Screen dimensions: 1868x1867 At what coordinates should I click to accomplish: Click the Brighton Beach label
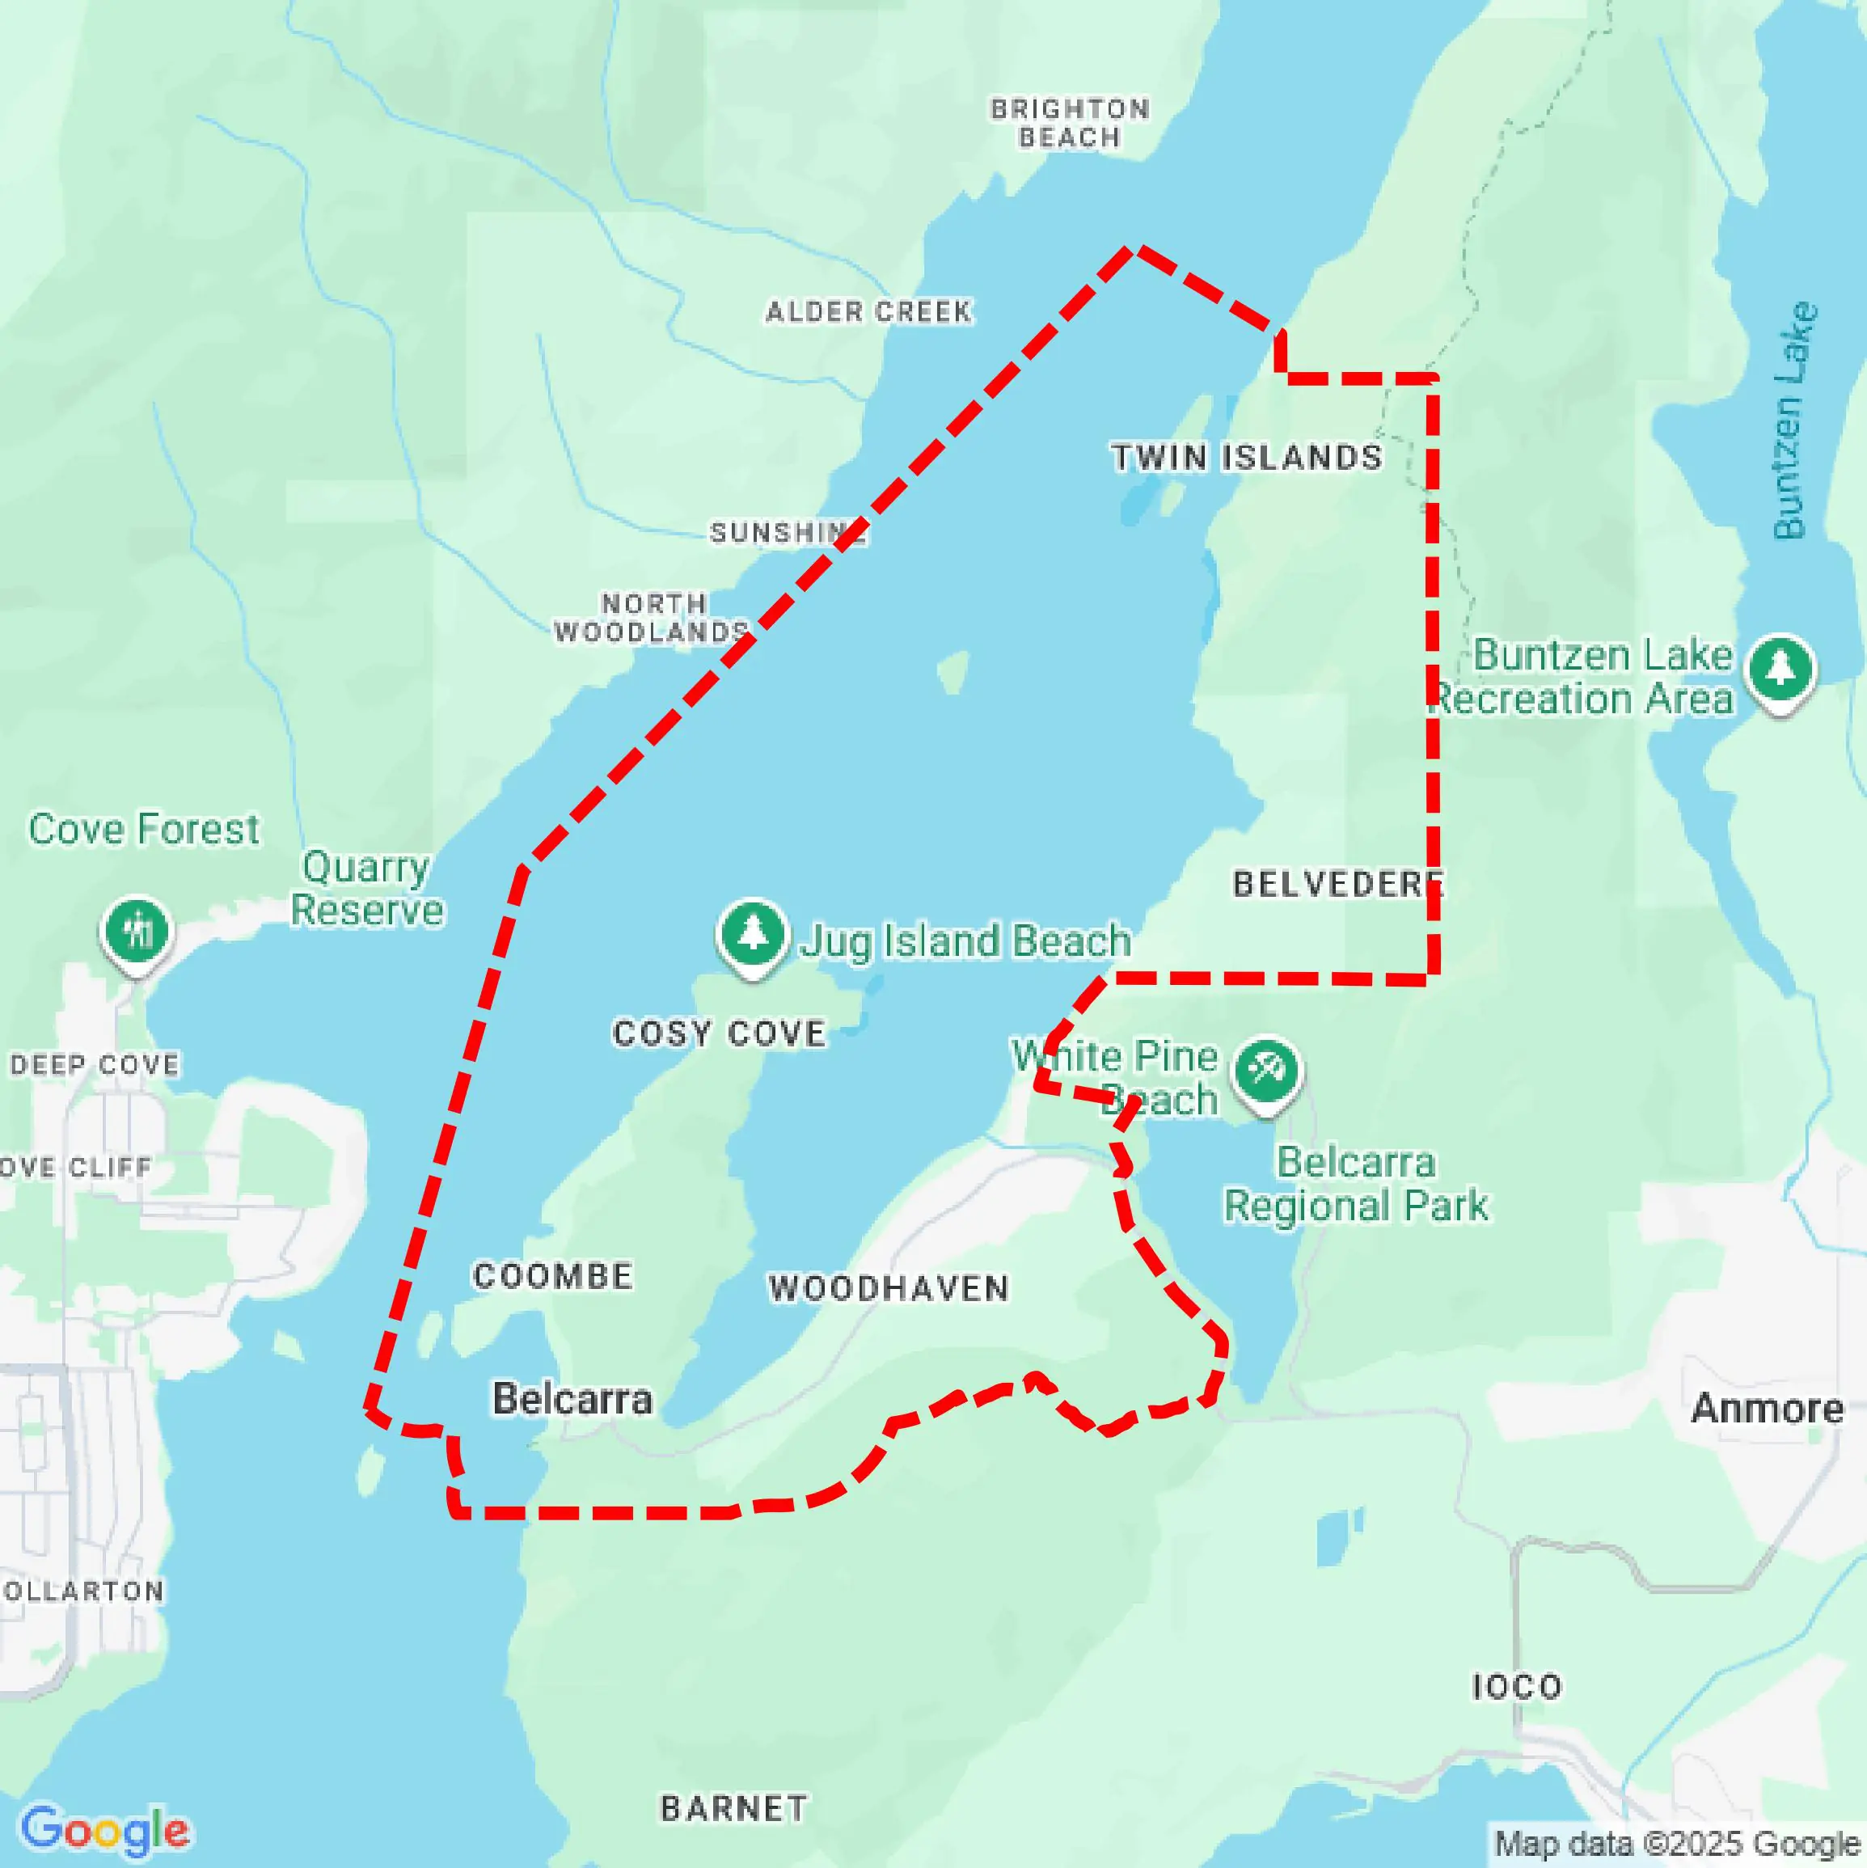pos(1070,123)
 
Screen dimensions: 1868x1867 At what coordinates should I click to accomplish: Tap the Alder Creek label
pos(868,311)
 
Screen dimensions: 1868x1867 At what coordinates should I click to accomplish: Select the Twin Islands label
pos(1246,458)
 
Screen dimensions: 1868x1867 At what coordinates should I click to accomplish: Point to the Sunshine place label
pos(787,532)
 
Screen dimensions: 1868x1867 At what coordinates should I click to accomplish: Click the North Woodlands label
pos(652,618)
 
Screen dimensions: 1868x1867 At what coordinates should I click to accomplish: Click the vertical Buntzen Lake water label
pos(1794,421)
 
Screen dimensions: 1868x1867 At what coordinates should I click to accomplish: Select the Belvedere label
pos(1337,884)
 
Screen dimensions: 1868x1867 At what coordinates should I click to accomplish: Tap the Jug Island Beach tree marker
pos(752,935)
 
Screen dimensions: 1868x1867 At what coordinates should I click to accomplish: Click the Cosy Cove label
pos(720,1033)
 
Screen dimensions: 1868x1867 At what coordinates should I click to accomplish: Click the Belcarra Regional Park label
pos(1355,1185)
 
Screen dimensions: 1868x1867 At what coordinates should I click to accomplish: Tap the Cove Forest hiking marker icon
pos(137,931)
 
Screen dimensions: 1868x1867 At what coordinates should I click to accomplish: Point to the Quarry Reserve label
pos(366,889)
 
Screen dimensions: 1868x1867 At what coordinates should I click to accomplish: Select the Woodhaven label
pos(889,1289)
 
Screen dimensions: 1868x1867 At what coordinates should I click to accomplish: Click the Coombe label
pos(553,1276)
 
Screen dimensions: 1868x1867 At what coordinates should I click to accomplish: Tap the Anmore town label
pos(1767,1409)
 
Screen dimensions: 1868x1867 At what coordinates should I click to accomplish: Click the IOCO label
pos(1516,1687)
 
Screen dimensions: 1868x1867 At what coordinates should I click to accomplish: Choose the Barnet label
pos(734,1808)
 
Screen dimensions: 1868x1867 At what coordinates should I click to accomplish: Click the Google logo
pos(104,1829)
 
